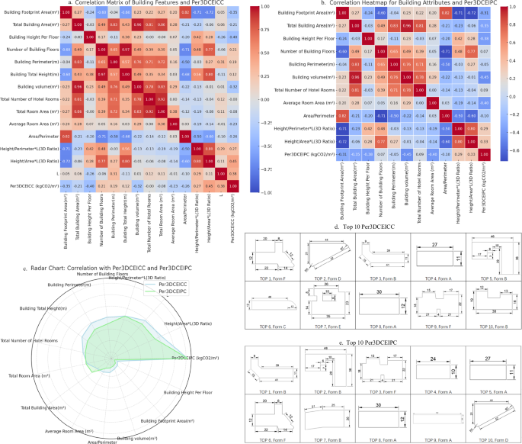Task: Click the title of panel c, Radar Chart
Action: (110, 269)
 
